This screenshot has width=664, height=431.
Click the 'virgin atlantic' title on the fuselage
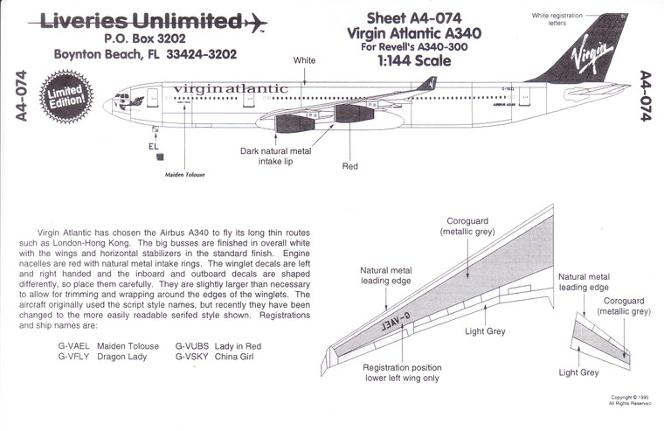coord(231,89)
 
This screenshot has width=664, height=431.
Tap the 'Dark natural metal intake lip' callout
coord(275,156)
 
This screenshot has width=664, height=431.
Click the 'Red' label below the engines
coord(349,166)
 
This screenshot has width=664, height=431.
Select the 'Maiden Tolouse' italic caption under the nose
coord(184,175)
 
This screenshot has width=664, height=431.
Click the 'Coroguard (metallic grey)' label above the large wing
coord(468,226)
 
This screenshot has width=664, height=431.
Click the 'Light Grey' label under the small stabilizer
coord(578,372)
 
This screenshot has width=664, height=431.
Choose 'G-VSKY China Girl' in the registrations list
coord(214,357)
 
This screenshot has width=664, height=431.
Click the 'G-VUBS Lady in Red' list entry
coord(218,345)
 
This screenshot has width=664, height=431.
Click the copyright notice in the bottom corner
coord(631,400)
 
